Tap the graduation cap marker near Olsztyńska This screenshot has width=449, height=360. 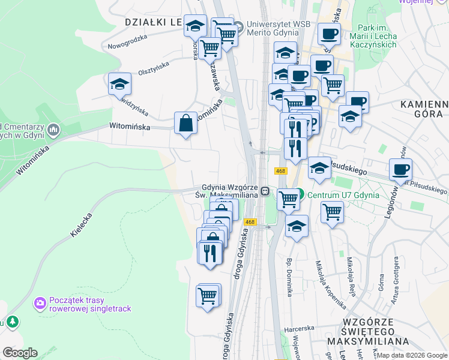coord(119,84)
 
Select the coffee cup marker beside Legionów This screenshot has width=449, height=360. coord(400,170)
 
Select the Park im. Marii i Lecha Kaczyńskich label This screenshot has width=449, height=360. coord(376,36)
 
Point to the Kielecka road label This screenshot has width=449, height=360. coord(83,223)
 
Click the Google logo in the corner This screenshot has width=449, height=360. coord(20,353)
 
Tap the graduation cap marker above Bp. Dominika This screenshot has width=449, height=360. coord(297,227)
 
